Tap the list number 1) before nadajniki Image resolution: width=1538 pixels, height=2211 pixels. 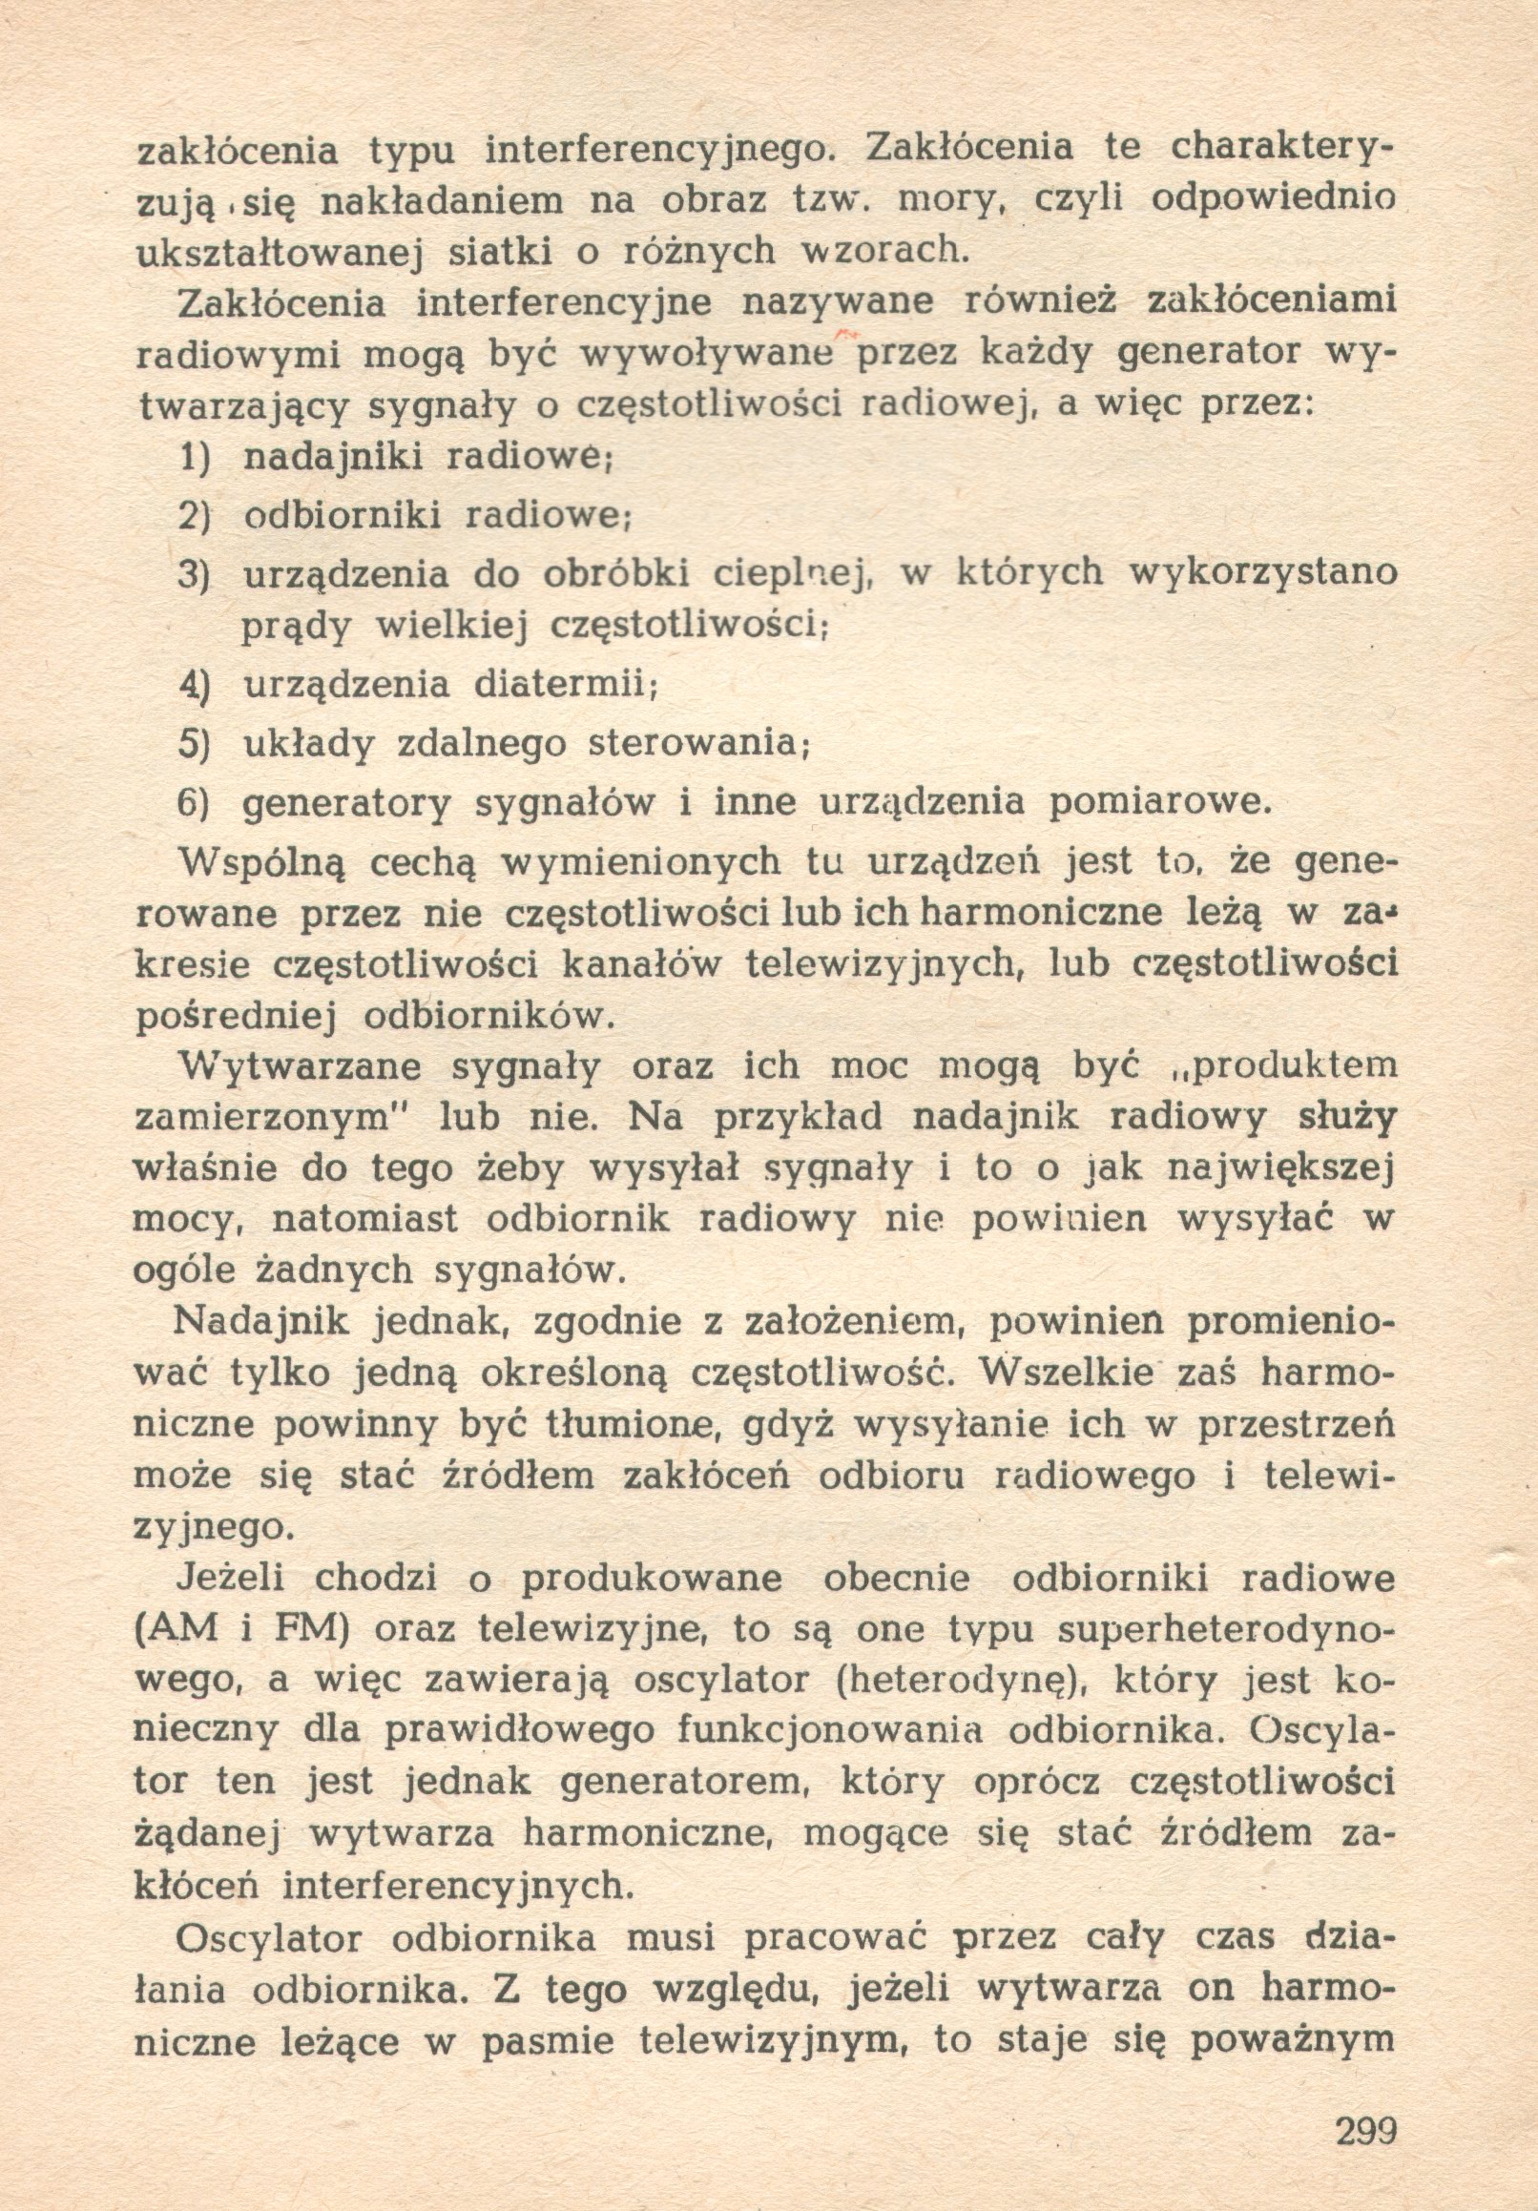tap(196, 458)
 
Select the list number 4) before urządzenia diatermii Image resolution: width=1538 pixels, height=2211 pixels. tap(196, 685)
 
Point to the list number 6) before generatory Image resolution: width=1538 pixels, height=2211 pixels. tap(196, 802)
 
